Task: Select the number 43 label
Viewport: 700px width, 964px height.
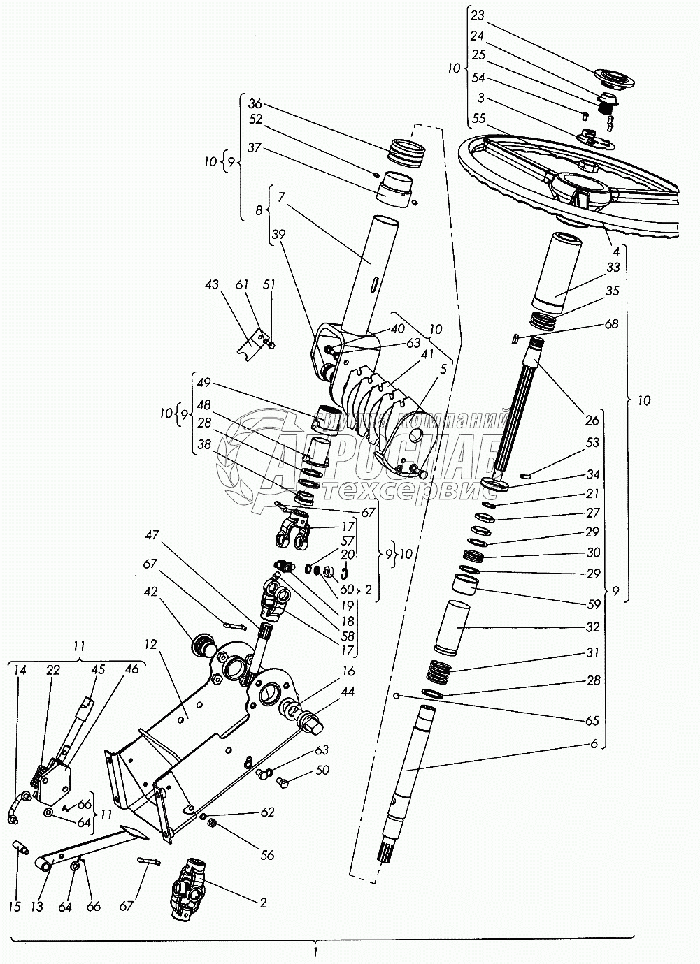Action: [212, 285]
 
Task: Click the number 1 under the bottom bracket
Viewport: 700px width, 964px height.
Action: [316, 951]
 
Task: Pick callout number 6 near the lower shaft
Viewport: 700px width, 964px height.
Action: [594, 745]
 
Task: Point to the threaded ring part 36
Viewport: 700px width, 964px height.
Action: [406, 152]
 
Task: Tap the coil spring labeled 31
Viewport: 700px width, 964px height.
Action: [438, 672]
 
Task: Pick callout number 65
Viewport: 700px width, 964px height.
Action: [594, 720]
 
